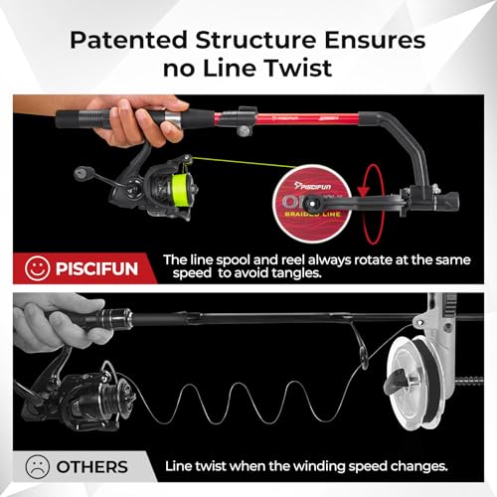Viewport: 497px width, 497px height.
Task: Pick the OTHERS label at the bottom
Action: [91, 466]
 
